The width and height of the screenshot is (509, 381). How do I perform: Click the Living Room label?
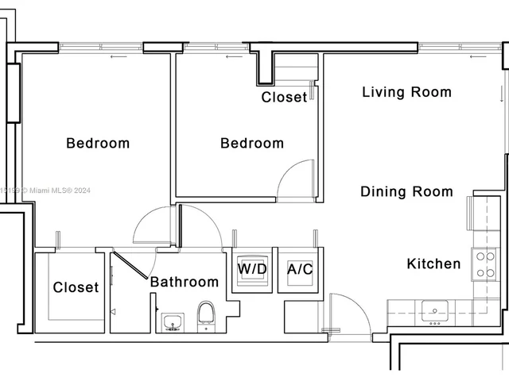click(x=406, y=92)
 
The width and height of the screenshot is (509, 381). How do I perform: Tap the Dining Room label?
click(x=406, y=191)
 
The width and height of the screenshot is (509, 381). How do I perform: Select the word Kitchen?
click(x=433, y=264)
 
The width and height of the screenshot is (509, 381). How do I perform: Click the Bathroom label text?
click(x=185, y=282)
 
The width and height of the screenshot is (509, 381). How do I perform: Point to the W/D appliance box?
click(x=252, y=268)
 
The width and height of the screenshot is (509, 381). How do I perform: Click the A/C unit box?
click(x=300, y=269)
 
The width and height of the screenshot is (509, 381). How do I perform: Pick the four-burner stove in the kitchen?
click(x=484, y=265)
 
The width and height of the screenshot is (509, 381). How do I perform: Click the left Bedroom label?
click(x=98, y=144)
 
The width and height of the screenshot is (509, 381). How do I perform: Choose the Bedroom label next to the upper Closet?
click(x=252, y=144)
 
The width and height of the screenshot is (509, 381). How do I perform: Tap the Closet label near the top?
click(x=284, y=98)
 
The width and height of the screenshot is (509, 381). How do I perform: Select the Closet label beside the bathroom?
click(x=76, y=287)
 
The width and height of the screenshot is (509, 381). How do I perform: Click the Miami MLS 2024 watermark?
click(x=40, y=190)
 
